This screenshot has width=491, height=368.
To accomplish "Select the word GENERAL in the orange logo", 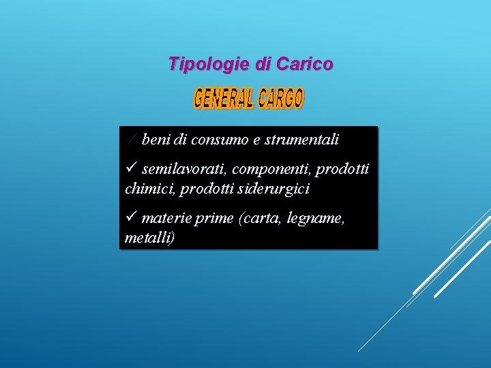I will coord(223,99).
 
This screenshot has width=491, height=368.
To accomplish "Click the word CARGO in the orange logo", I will coord(280,99).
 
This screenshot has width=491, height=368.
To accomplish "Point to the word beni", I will coord(156,140).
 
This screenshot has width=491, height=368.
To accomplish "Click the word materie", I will coord(166,218).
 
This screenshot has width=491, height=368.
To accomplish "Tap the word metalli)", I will coord(150,238).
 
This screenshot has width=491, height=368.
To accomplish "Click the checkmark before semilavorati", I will coord(132,168).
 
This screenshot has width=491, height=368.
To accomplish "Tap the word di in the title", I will coord(263,65).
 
